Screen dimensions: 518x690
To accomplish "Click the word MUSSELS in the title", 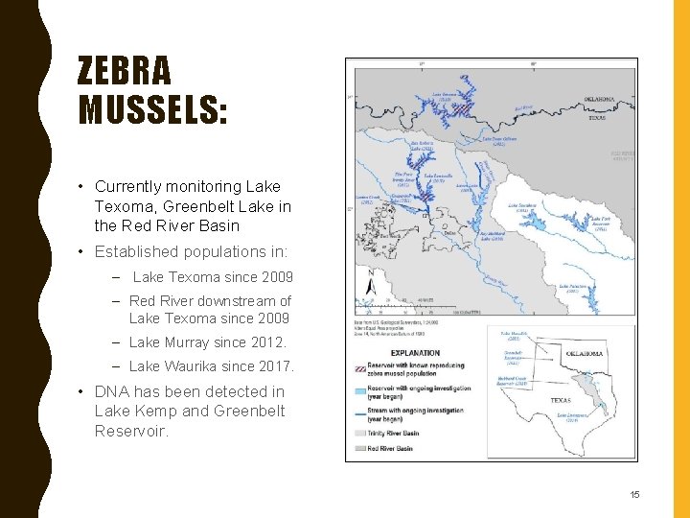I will pos(153,110).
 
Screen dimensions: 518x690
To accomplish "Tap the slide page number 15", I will pos(633,494).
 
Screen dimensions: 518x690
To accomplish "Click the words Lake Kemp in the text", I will pos(127,412).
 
